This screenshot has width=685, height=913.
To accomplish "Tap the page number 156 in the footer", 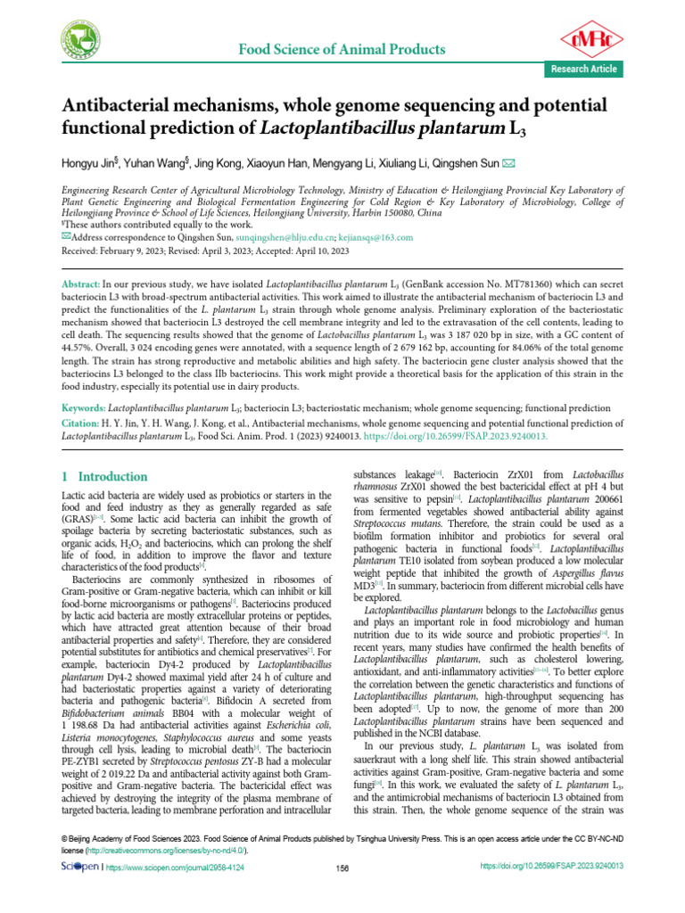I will click(x=342, y=867).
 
